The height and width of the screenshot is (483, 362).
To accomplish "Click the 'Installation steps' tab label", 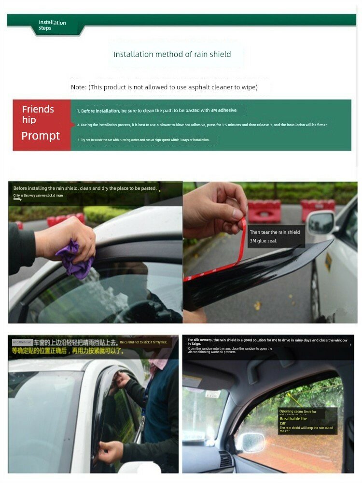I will (x=52, y=25).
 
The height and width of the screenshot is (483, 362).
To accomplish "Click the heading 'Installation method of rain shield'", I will (x=172, y=54).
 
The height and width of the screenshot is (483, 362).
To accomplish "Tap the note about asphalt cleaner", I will (x=164, y=87).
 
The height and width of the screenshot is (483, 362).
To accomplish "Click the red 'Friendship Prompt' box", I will (x=42, y=125).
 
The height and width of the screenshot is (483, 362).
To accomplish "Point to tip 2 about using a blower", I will (x=201, y=125).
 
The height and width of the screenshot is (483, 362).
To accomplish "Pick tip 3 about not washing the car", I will (x=143, y=140).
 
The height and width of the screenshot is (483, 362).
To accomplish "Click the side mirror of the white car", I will (x=321, y=223).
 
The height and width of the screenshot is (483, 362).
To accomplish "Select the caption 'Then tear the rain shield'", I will (x=275, y=232).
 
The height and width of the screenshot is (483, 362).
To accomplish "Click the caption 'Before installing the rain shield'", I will (x=85, y=188).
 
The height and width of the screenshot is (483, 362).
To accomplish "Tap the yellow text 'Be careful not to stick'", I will (x=143, y=342).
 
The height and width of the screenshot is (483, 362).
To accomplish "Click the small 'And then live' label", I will (x=22, y=342).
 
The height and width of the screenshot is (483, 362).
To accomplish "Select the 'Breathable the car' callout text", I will (x=293, y=421).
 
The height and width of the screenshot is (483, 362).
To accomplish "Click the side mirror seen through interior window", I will (x=251, y=441).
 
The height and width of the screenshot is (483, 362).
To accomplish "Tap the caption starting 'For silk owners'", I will (x=267, y=342).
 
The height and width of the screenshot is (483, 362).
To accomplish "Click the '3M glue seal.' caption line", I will (x=264, y=241).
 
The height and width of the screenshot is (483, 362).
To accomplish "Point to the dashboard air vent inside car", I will (x=226, y=459).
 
